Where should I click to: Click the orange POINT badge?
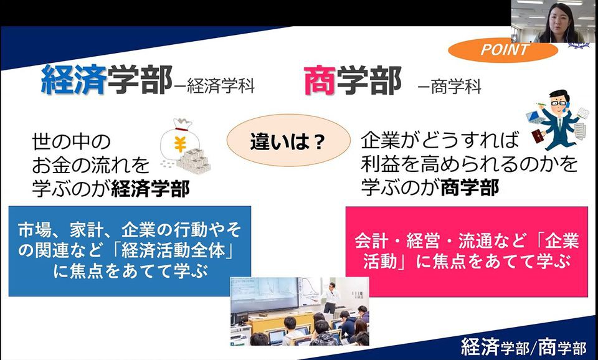pyautogui.click(x=503, y=50)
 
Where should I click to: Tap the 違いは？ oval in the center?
pyautogui.click(x=288, y=140)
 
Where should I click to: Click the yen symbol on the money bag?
pyautogui.click(x=180, y=144)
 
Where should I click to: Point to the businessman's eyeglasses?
pyautogui.click(x=558, y=103)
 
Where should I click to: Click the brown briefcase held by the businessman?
pyautogui.click(x=539, y=136)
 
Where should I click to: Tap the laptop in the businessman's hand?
pyautogui.click(x=536, y=117)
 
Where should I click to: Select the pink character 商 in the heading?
pyautogui.click(x=320, y=80)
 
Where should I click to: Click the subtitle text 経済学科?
pyautogui.click(x=221, y=87)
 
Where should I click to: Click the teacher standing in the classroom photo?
pyautogui.click(x=331, y=298)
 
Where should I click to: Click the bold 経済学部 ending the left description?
pyautogui.click(x=150, y=188)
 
